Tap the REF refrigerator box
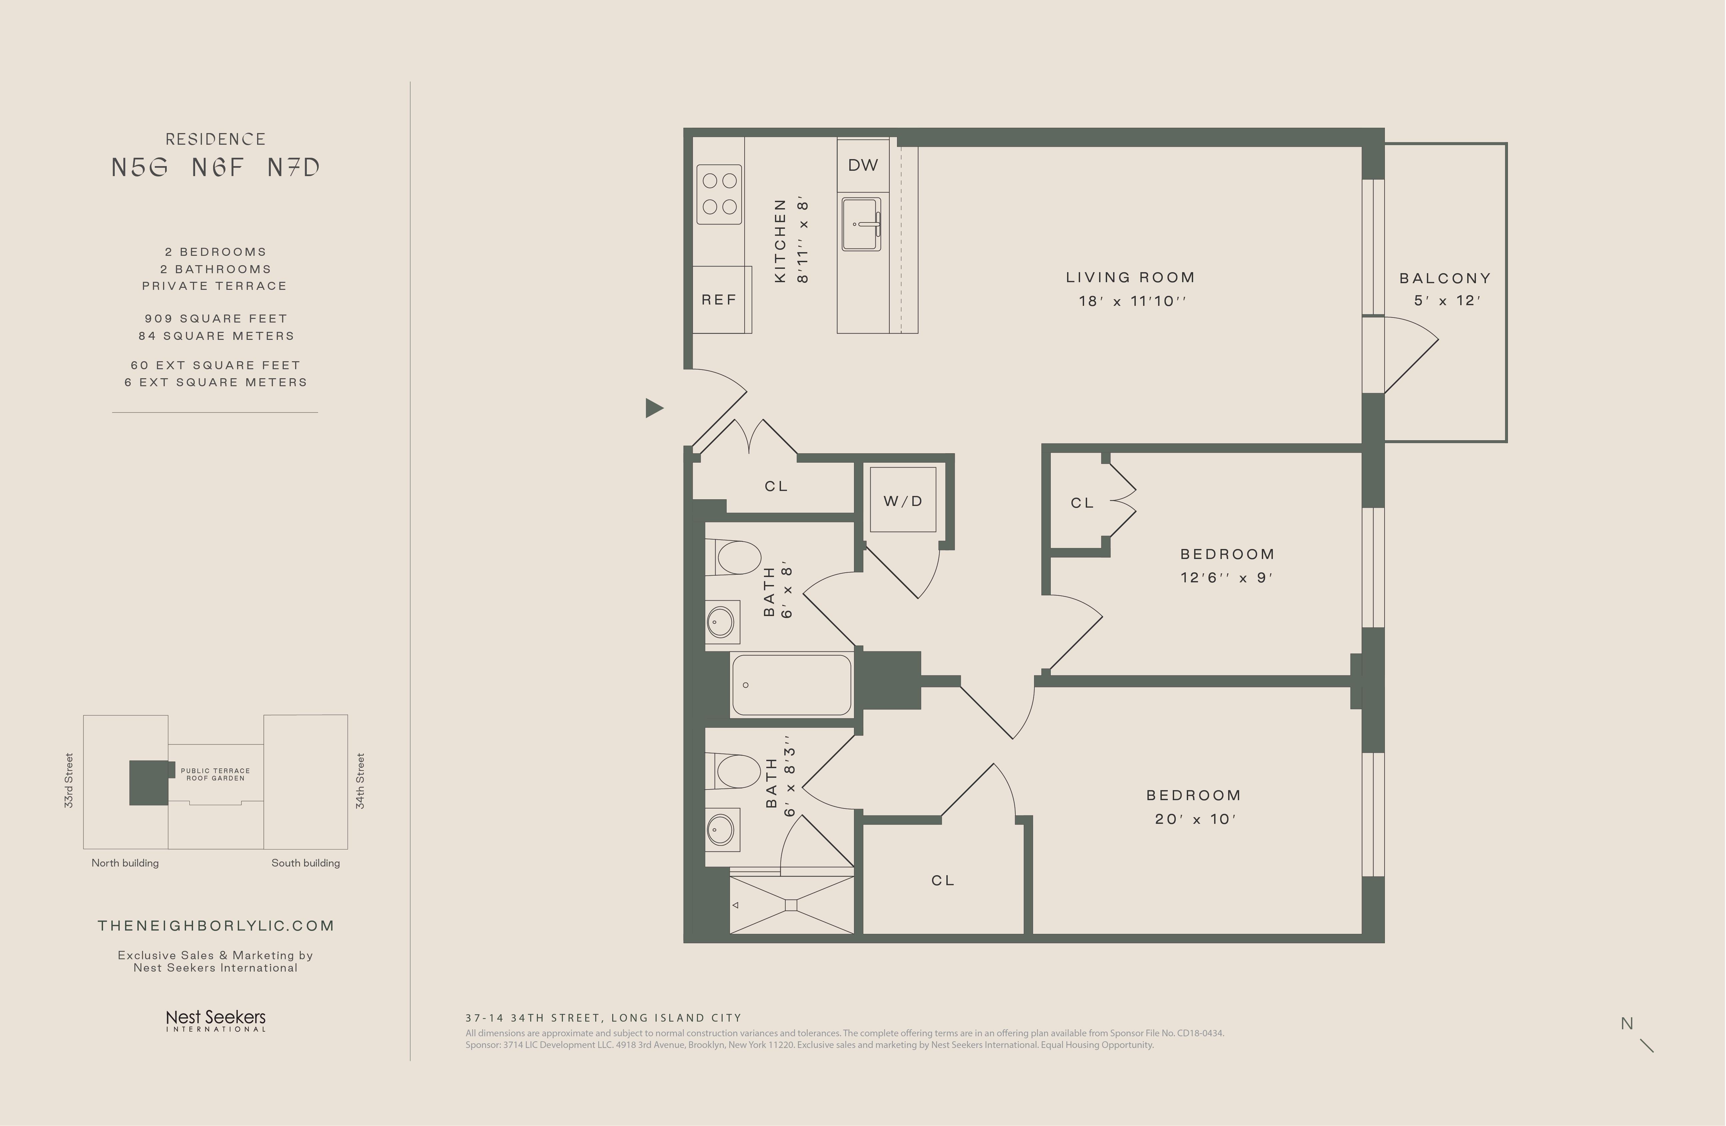point(722,300)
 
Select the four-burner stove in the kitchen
point(719,194)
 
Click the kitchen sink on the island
point(862,224)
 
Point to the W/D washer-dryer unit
point(903,500)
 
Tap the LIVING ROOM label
point(1130,277)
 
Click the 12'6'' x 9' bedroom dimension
point(1226,578)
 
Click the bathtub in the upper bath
point(791,685)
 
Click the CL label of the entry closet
point(776,486)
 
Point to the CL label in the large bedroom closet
point(943,880)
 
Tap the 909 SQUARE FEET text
point(216,319)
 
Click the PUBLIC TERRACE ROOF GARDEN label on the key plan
point(215,774)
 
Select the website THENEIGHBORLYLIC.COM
point(216,926)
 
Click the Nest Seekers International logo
point(216,1020)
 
